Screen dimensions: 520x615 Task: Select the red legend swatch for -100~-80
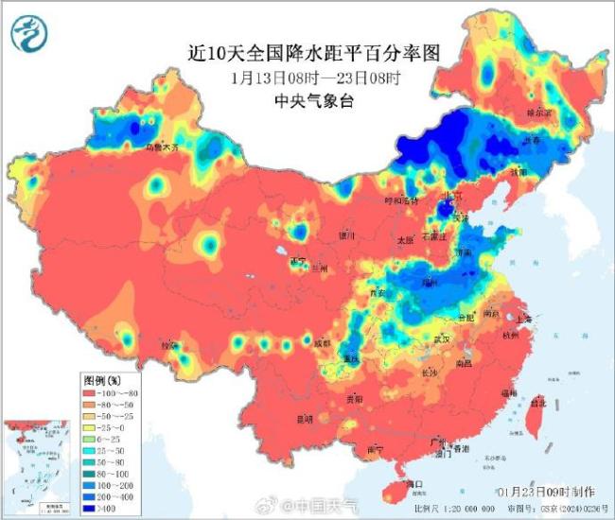94,391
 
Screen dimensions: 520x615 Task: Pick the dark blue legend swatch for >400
94,509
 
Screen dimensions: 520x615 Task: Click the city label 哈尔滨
537,112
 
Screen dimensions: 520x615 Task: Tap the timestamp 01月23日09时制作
547,492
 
